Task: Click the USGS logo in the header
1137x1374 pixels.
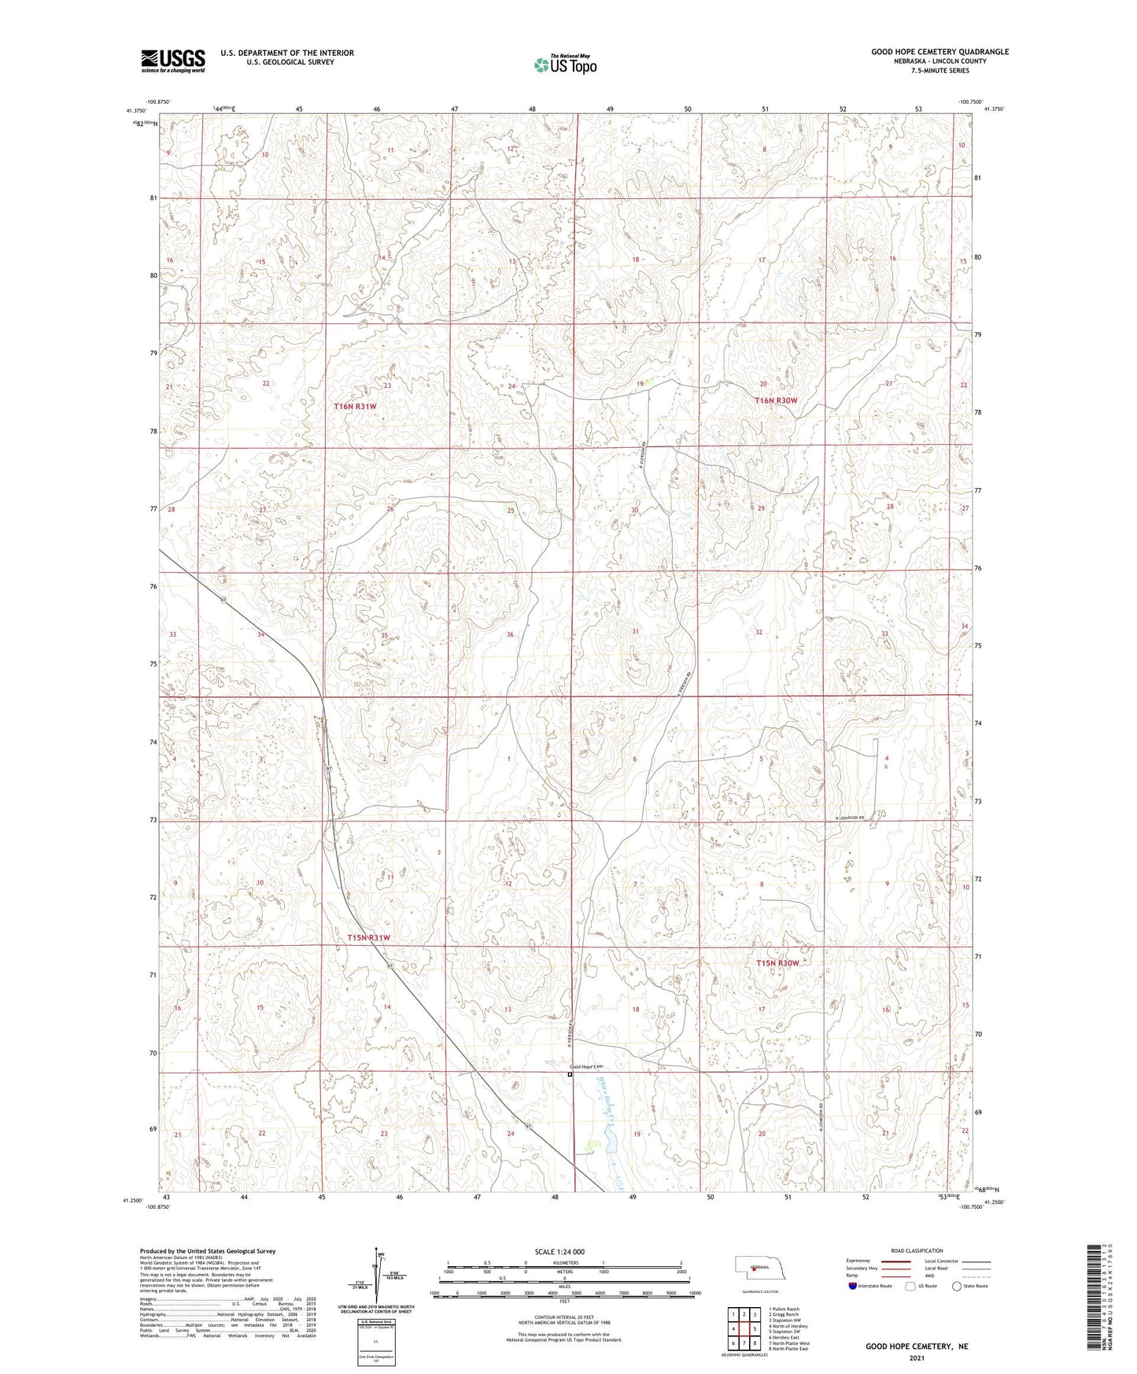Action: click(x=173, y=61)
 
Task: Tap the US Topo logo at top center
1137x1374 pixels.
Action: click(x=565, y=65)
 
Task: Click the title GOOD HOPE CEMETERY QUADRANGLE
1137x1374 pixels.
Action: click(x=940, y=52)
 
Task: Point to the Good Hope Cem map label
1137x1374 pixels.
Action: click(x=586, y=1066)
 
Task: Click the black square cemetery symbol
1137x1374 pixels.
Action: click(x=570, y=1074)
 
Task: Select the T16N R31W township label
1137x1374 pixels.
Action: click(x=356, y=406)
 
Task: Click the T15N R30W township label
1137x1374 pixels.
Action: click(x=777, y=963)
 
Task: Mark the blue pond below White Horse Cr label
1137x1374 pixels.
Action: click(x=608, y=1139)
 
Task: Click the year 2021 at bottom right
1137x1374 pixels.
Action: click(x=917, y=1357)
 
